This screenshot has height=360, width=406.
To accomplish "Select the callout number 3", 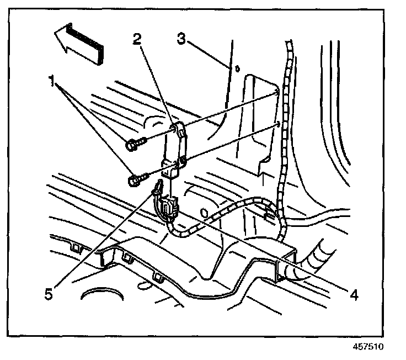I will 181,40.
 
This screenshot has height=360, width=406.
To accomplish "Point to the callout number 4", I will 354,295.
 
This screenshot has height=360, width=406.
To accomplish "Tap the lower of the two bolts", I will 135,179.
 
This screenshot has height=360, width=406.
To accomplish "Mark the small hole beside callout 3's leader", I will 236,68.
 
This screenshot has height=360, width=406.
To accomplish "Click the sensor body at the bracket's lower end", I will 170,168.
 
